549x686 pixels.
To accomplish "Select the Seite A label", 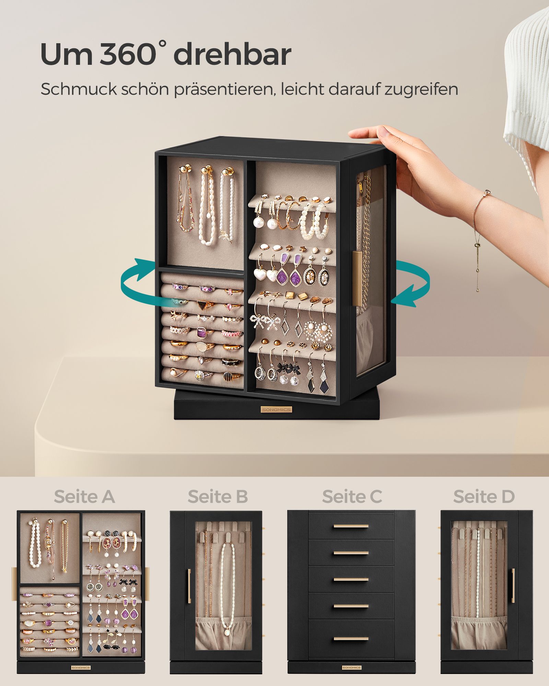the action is coord(84,497).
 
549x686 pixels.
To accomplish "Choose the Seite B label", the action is coord(218,497).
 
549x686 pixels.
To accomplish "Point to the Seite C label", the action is coord(352,497).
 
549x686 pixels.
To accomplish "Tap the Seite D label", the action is coord(484,497).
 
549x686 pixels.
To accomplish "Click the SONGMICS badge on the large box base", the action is coord(276,410).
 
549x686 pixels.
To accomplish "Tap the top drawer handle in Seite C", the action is coord(351,526).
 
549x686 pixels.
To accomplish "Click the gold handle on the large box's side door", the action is coord(357,278).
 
